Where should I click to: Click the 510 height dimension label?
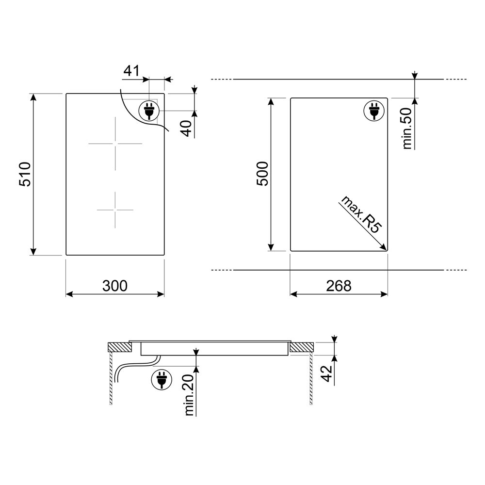[25, 174]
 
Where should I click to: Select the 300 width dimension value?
[115, 286]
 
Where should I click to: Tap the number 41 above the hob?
[132, 71]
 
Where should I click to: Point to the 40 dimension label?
[187, 129]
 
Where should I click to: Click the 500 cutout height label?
[262, 174]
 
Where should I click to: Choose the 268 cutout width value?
[339, 286]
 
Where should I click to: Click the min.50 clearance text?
[407, 129]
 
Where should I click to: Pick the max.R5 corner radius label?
[360, 214]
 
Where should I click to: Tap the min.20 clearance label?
[189, 394]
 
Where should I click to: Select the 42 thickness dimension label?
[326, 373]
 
